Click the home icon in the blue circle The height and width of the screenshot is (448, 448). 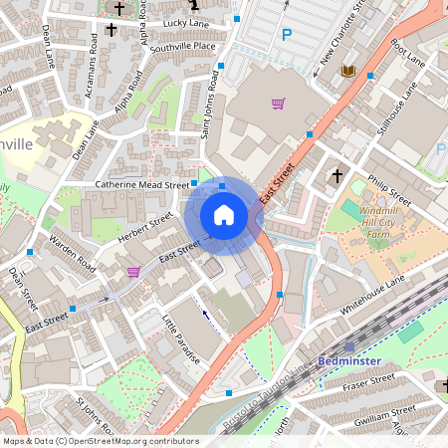click(x=224, y=215)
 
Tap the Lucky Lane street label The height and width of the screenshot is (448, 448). click(x=186, y=22)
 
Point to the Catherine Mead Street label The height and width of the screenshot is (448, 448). click(x=141, y=185)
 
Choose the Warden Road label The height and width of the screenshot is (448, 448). click(x=73, y=253)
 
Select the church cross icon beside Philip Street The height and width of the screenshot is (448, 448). click(x=336, y=175)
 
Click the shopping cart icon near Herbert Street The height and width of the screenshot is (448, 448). click(x=133, y=272)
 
